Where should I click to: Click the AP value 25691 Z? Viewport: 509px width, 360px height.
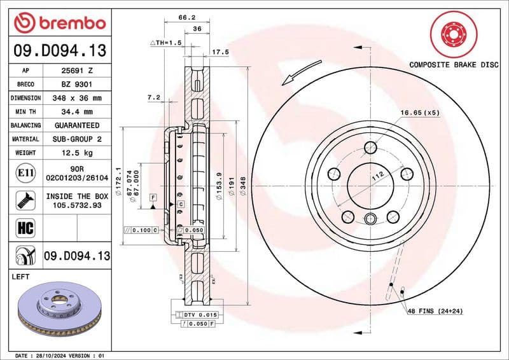click(76, 71)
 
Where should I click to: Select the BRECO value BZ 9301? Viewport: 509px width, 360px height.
click(76, 85)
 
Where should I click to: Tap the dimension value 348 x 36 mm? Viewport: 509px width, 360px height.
click(76, 99)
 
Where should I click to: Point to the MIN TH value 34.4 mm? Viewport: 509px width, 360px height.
click(76, 112)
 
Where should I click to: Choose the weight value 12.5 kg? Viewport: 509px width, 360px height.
click(76, 153)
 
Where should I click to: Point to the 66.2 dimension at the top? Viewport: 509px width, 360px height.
click(184, 18)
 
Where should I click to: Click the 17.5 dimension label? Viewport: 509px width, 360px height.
click(220, 52)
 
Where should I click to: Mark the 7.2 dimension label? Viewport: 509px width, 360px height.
click(153, 98)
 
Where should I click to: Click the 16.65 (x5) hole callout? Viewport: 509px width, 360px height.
click(420, 113)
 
